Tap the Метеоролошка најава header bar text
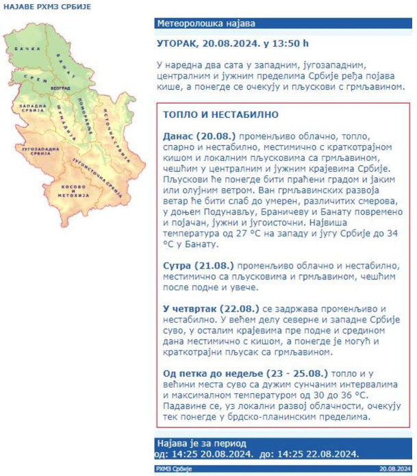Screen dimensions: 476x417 point(199,23)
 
